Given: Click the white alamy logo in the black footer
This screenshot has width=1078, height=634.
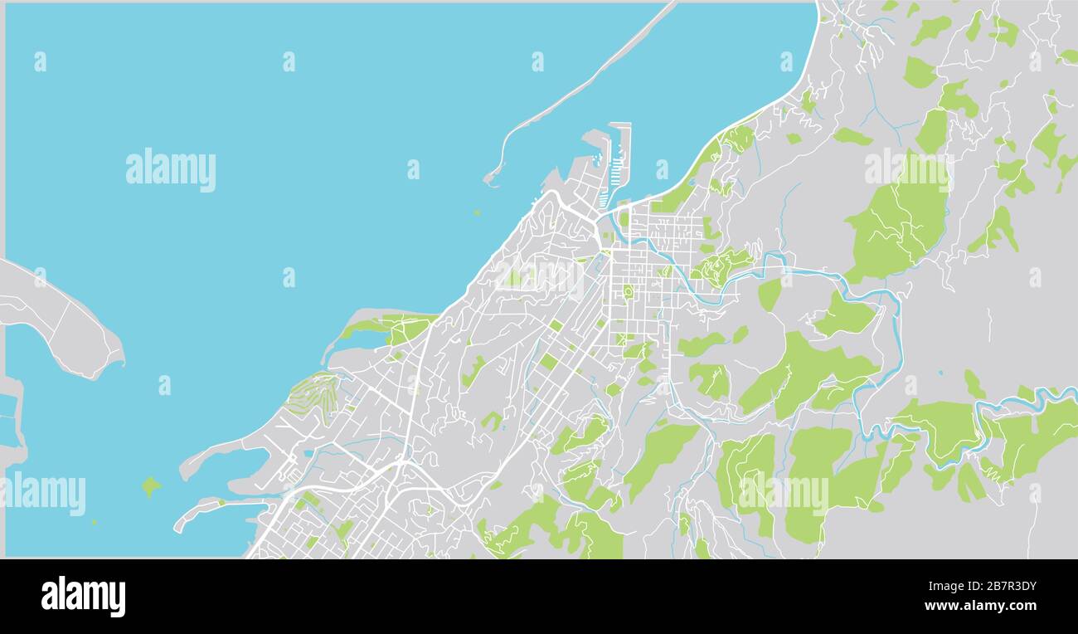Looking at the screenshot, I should click(83, 596).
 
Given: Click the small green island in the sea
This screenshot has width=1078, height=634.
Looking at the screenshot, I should click(150, 485).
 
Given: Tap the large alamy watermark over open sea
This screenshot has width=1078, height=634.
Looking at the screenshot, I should click(171, 169).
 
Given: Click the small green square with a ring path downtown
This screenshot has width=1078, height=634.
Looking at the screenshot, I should click(628, 291).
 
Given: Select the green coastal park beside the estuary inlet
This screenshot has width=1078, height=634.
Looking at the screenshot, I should click(390, 328).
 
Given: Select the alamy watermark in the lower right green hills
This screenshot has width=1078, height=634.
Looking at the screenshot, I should click(784, 493).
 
